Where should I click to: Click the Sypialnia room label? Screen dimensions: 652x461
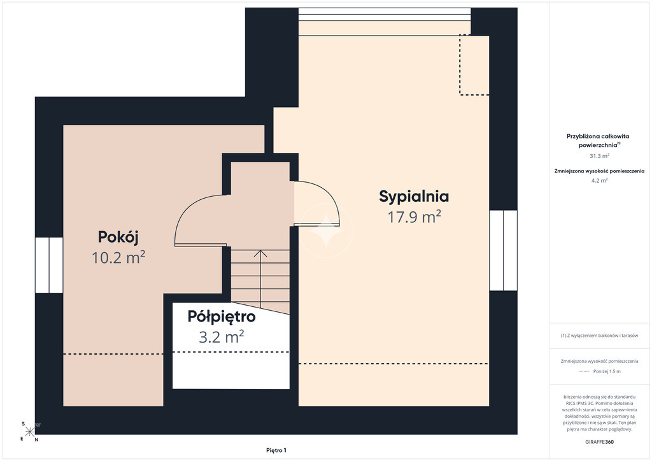pos(414,197)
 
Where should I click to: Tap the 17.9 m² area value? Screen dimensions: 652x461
pos(414,217)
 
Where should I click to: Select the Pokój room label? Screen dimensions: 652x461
pos(118,237)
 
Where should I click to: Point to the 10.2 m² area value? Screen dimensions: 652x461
pos(118,258)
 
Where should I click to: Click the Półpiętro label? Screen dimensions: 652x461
pos(222,316)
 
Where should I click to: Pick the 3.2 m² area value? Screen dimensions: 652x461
pos(221,337)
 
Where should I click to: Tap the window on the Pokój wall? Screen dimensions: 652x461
pos(49,265)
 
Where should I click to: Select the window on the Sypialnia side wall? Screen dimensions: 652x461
pos(503,250)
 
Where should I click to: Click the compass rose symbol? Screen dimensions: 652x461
pos(30,432)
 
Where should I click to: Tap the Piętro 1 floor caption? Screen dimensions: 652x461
pos(276,450)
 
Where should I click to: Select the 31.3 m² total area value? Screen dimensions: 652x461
pos(599,156)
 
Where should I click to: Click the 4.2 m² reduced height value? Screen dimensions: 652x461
pos(599,180)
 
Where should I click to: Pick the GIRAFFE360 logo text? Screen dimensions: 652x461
pos(599,442)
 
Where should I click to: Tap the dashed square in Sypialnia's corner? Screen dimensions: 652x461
pos(474,65)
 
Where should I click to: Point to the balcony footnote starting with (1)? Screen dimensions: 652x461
pos(599,336)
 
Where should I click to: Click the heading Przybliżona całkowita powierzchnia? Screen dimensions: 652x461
pos(598,141)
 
